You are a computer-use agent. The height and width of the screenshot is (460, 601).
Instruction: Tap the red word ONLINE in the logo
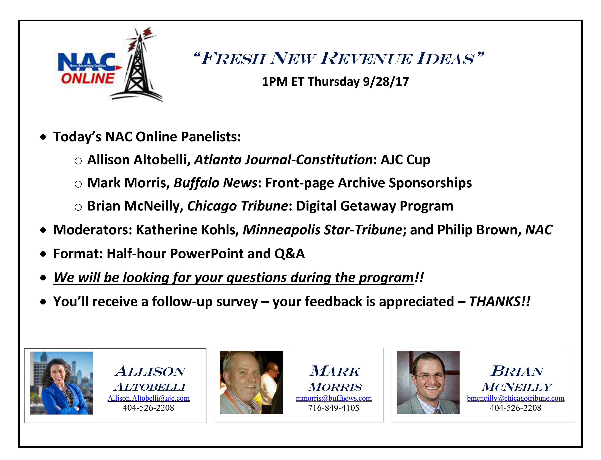[88, 79]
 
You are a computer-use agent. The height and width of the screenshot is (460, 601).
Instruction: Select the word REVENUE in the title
[367, 59]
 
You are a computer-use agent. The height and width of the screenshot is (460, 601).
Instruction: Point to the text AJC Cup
[406, 160]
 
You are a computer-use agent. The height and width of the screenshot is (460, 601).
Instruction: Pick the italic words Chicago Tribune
[237, 206]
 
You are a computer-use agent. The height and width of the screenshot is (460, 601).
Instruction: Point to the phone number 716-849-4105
[333, 408]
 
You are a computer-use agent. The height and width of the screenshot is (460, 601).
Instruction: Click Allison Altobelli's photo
[61, 383]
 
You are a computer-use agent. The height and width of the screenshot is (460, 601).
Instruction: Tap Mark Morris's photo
[251, 382]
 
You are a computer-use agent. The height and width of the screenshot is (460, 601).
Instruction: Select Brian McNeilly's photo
[428, 382]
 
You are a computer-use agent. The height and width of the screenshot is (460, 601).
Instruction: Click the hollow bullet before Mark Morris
[78, 184]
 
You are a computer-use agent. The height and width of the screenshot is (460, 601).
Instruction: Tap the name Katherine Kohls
[186, 230]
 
